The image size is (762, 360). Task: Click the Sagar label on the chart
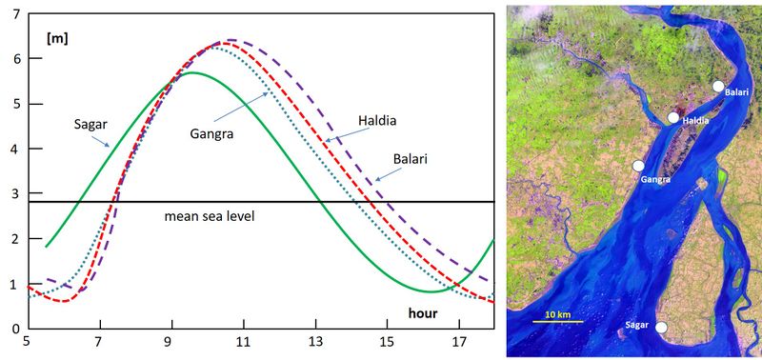90,124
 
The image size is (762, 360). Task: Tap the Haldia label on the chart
376,121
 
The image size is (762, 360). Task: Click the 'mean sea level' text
210,216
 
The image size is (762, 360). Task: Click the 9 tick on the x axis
171,342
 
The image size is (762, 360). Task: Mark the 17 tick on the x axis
461,342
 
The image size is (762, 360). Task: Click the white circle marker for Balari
717,86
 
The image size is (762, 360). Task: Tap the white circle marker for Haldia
673,118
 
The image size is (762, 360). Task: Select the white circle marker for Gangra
638,166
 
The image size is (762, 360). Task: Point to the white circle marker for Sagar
661,328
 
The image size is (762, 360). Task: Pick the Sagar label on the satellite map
637,327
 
